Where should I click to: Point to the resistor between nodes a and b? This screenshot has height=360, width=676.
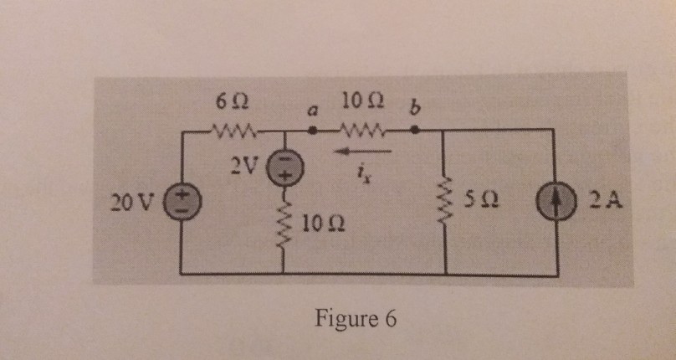pyautogui.click(x=361, y=131)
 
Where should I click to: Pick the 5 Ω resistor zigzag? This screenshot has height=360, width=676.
pyautogui.click(x=444, y=202)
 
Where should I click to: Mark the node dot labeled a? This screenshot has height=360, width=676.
pyautogui.click(x=312, y=131)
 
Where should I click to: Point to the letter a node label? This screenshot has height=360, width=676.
pyautogui.click(x=312, y=111)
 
